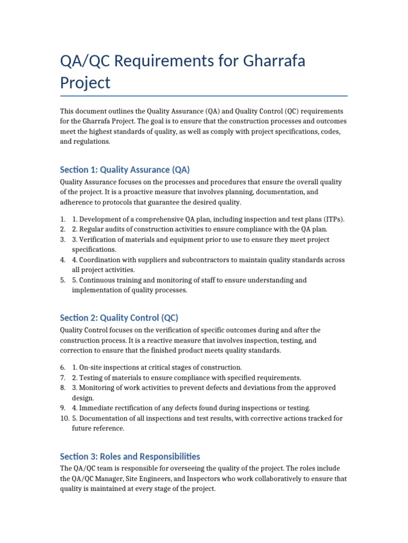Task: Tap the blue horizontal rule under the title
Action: (x=204, y=96)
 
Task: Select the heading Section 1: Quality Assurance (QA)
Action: (x=125, y=170)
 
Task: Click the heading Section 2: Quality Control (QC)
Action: (x=119, y=318)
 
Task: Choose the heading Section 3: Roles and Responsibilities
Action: (x=130, y=456)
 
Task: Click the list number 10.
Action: (x=63, y=418)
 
